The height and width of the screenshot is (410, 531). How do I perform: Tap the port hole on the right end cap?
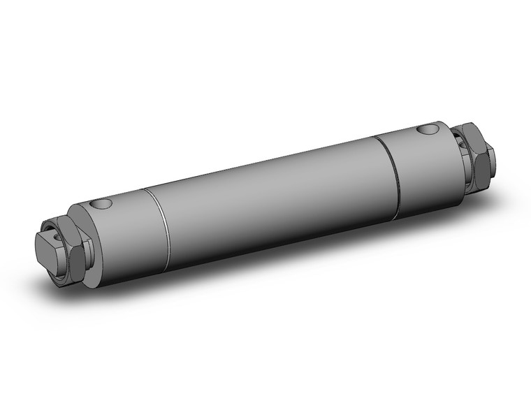(x=427, y=129)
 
